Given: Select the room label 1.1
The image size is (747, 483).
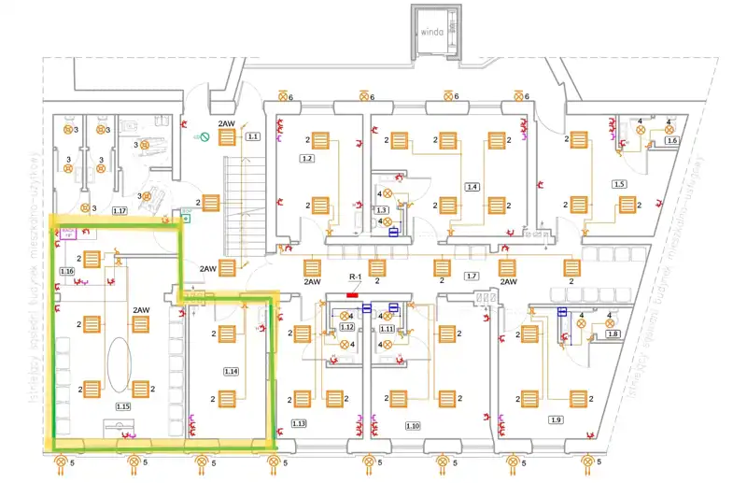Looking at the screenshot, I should (x=252, y=137).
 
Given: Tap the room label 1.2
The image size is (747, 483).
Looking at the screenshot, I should (x=307, y=159).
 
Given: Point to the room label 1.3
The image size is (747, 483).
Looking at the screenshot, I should (x=381, y=211).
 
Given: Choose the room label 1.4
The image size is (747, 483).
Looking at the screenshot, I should (x=472, y=188).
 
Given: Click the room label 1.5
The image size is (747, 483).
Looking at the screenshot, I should (x=618, y=185).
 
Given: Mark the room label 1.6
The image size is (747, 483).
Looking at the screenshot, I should (x=671, y=141).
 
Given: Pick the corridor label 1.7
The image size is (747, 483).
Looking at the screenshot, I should (x=472, y=276).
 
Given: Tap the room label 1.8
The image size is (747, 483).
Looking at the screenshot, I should (x=613, y=334).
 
